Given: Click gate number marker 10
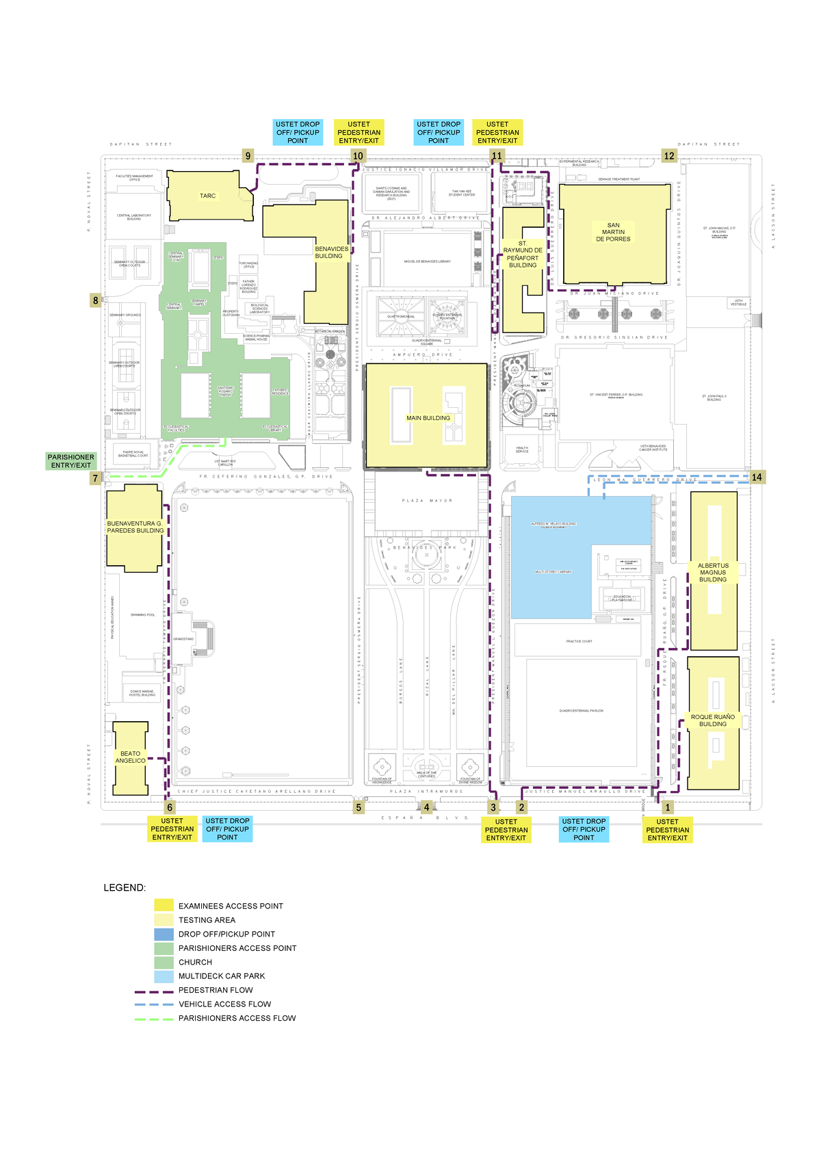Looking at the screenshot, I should (x=358, y=156).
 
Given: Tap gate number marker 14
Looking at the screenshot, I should (x=757, y=477).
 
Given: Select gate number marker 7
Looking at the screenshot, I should (x=96, y=478).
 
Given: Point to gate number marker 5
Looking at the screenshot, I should (x=359, y=807).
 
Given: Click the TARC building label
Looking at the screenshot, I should (x=207, y=196).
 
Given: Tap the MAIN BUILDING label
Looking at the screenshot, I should (x=428, y=418).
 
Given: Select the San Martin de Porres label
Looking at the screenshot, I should (x=613, y=232).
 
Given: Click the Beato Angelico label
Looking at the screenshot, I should (x=130, y=757).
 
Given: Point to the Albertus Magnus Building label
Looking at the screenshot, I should (x=713, y=573).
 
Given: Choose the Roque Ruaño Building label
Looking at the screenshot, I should (x=713, y=720).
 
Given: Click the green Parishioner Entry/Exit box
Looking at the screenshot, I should (x=71, y=461).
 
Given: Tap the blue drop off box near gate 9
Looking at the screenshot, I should (x=298, y=133).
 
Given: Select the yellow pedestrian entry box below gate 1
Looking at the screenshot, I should (x=667, y=830).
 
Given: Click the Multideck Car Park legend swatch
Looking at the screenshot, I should (x=164, y=976).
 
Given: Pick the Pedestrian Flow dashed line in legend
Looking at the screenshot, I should (x=155, y=991).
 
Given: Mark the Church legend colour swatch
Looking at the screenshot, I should (x=164, y=962).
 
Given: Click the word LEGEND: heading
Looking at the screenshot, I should (x=125, y=888).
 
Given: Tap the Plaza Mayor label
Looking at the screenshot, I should (x=427, y=501).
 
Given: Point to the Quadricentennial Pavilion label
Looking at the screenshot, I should (x=581, y=711).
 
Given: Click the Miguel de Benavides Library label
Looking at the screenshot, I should (x=427, y=261).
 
